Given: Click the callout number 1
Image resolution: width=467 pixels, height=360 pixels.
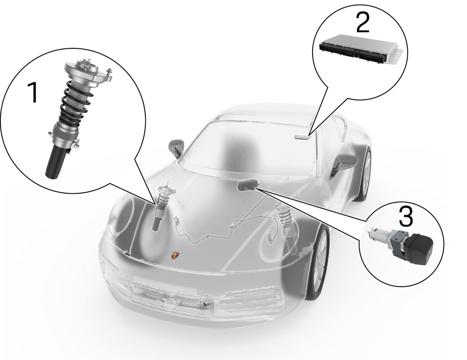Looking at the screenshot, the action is coord(33,93).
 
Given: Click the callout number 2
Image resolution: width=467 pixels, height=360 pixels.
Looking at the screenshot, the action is coord(363,22).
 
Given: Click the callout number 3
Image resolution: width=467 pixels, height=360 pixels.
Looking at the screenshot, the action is coord(405,216).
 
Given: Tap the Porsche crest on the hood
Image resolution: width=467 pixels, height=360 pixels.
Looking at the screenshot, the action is coord(174,255).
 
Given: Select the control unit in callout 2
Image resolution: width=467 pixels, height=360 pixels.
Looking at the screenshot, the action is coord(361,49).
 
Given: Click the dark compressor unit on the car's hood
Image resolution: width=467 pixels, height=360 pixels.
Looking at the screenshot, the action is coord(248,185).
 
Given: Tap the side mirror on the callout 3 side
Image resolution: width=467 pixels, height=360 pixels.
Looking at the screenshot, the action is coord(344,164).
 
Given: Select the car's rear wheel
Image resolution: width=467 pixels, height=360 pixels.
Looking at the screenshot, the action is coord(366,173).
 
